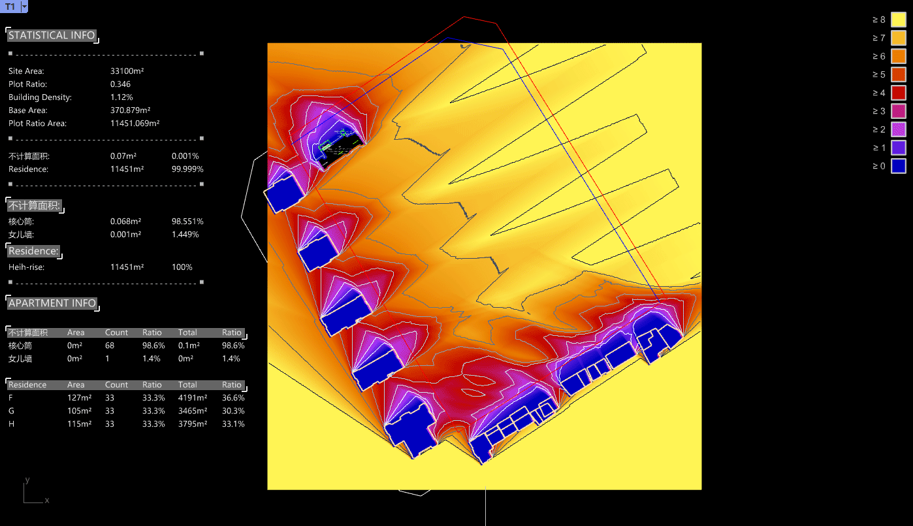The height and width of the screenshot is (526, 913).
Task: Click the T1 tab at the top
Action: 10,7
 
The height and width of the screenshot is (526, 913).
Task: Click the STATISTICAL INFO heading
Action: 52,35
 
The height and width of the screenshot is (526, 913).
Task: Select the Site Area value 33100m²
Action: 127,71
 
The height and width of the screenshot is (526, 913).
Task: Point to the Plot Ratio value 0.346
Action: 120,84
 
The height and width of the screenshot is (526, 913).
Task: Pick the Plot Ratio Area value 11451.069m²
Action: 135,123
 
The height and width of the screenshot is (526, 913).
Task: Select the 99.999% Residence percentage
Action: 187,169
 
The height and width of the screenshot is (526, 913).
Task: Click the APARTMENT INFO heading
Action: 52,303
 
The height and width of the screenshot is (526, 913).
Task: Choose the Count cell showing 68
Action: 110,345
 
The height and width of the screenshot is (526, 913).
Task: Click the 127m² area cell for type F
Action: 79,397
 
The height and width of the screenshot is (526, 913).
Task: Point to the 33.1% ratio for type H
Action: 233,423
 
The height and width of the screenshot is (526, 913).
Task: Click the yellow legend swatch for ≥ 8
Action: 899,20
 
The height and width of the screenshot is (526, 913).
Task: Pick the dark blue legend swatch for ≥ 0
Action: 899,166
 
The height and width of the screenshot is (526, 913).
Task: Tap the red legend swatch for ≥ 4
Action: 899,93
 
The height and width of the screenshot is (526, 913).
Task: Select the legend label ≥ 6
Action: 878,56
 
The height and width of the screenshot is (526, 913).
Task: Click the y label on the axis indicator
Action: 27,480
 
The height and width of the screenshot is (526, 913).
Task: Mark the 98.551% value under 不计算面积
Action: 187,221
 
